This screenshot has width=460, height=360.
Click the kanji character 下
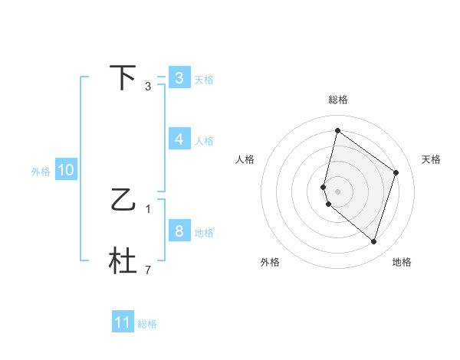[123, 77]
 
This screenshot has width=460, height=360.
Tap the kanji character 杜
[123, 261]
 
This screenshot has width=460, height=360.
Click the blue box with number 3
[179, 78]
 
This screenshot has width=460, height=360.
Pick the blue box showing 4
[179, 139]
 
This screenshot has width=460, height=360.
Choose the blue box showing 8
[179, 231]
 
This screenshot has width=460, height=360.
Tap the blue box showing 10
[65, 171]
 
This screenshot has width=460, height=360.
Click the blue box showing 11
[123, 322]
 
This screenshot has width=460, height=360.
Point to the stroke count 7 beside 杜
[148, 270]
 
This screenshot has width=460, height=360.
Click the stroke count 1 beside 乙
[148, 208]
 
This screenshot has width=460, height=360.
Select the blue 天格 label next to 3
[204, 80]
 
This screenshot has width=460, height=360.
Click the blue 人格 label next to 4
[204, 141]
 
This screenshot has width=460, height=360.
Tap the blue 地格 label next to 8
[204, 233]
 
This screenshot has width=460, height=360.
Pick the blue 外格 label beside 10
[41, 172]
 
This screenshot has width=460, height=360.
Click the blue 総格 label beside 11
[147, 324]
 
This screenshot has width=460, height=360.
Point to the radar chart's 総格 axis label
[338, 100]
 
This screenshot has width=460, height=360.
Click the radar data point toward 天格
[396, 172]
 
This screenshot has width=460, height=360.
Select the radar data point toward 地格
[373, 241]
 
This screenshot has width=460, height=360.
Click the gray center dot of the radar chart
[338, 191]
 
